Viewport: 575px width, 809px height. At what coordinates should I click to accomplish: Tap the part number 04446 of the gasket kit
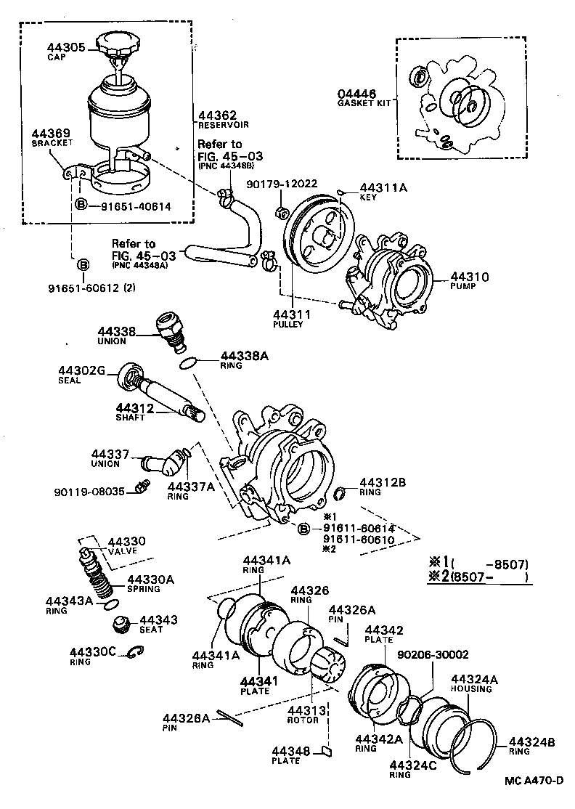356,94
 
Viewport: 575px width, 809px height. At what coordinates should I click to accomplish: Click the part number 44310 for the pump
469,277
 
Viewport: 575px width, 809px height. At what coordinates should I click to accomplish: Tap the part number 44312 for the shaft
135,409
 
